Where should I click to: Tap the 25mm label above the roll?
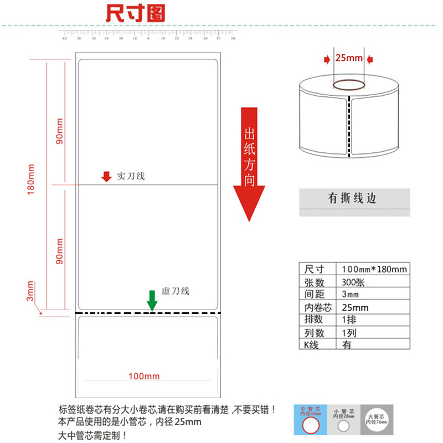point(349,58)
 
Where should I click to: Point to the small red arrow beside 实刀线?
point(106,177)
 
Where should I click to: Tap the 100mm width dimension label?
point(143,377)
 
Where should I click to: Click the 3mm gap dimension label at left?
point(31,291)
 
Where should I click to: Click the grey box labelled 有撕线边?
point(354,199)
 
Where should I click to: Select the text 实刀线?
point(131,176)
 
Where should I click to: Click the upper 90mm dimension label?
point(59,131)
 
